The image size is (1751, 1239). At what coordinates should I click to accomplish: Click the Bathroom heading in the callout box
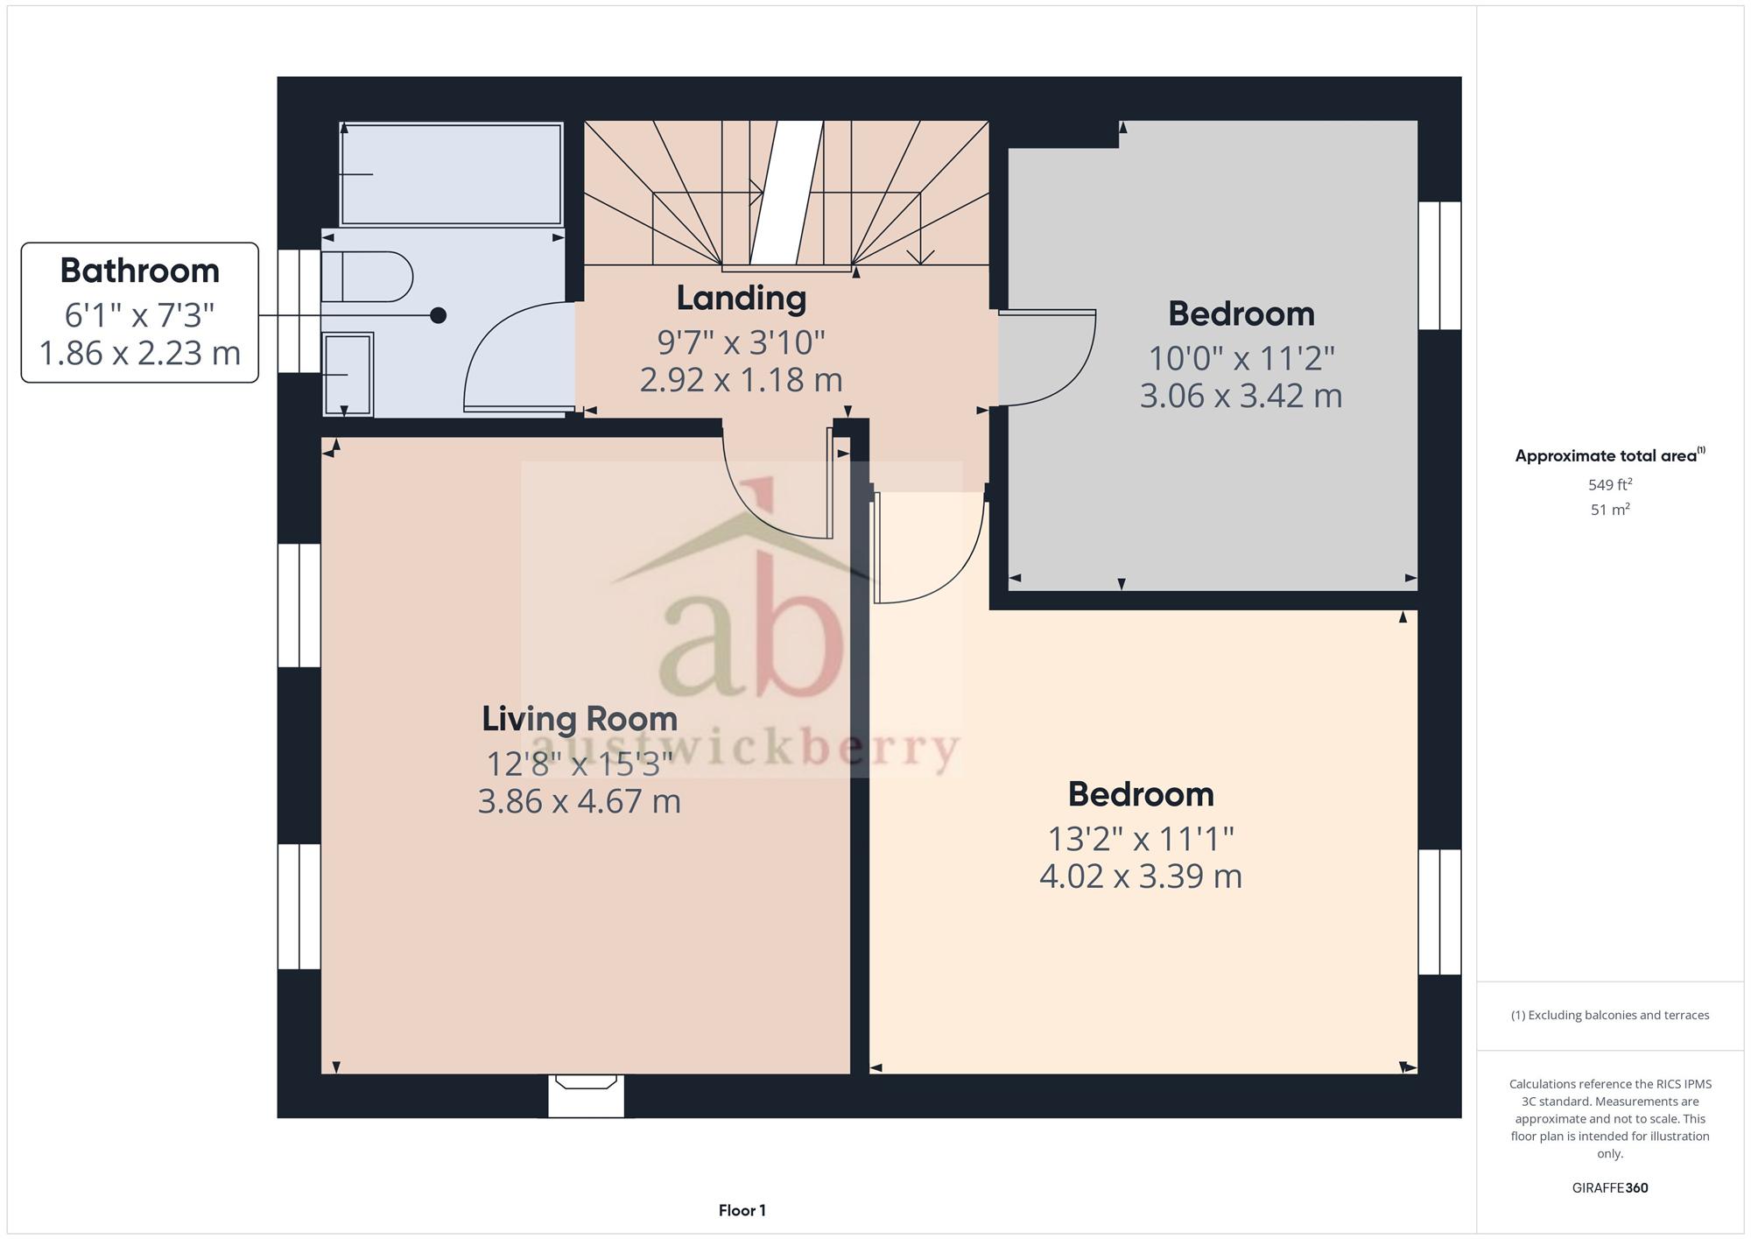pyautogui.click(x=139, y=271)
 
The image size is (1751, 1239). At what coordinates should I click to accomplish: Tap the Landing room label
pyautogui.click(x=742, y=298)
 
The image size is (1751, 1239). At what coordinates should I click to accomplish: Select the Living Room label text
pyautogui.click(x=580, y=719)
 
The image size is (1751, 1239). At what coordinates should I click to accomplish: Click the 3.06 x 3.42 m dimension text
pyautogui.click(x=1241, y=396)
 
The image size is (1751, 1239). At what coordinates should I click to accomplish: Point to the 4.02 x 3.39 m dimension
pyautogui.click(x=1141, y=876)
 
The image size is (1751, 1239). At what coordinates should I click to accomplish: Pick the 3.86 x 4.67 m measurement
pyautogui.click(x=580, y=801)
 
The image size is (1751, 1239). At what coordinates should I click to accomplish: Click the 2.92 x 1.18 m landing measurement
pyautogui.click(x=742, y=380)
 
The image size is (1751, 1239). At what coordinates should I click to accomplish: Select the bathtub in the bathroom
pyautogui.click(x=451, y=174)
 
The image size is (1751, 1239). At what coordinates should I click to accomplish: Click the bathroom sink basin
pyautogui.click(x=348, y=374)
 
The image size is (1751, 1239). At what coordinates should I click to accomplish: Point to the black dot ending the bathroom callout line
pyautogui.click(x=439, y=315)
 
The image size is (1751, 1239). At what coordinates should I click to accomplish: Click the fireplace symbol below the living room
pyautogui.click(x=587, y=1095)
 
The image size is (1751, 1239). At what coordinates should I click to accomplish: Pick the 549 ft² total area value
pyautogui.click(x=1610, y=484)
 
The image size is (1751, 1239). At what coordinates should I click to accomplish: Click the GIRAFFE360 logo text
pyautogui.click(x=1610, y=1188)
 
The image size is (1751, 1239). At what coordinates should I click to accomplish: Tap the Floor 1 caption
pyautogui.click(x=742, y=1211)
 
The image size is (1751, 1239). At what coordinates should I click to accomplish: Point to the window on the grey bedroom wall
pyautogui.click(x=1440, y=265)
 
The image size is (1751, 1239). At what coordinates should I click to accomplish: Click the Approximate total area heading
pyautogui.click(x=1610, y=455)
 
